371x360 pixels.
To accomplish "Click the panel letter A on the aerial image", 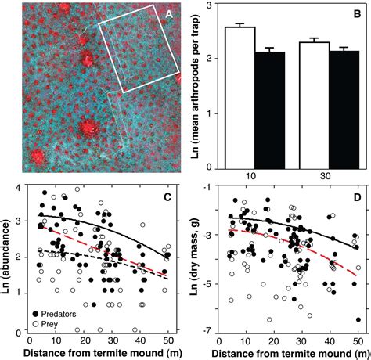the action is coord(169,14).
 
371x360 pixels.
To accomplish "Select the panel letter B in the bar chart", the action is coord(357,14).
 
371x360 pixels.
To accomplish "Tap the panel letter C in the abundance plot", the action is coord(167,197).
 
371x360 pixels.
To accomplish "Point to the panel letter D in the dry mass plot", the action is coord(356,197).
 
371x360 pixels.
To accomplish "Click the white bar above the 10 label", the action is coord(240,98).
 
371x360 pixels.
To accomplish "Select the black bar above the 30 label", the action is coord(344,110).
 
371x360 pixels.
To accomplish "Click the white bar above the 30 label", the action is coord(315,106).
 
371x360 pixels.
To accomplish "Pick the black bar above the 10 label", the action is coord(270,110).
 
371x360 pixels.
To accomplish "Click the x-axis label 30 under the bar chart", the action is coord(325,176).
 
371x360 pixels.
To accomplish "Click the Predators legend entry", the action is coord(55,314).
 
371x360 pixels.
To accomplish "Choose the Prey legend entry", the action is coord(45,324).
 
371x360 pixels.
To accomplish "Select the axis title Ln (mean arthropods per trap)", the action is coord(196,85).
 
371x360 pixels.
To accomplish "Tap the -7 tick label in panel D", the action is coord(207,332).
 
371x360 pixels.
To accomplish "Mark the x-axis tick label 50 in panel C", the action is coord(167,340).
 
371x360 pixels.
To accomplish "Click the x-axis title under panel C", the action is coord(103,353).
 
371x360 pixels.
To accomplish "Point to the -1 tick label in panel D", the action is coord(207,188).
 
